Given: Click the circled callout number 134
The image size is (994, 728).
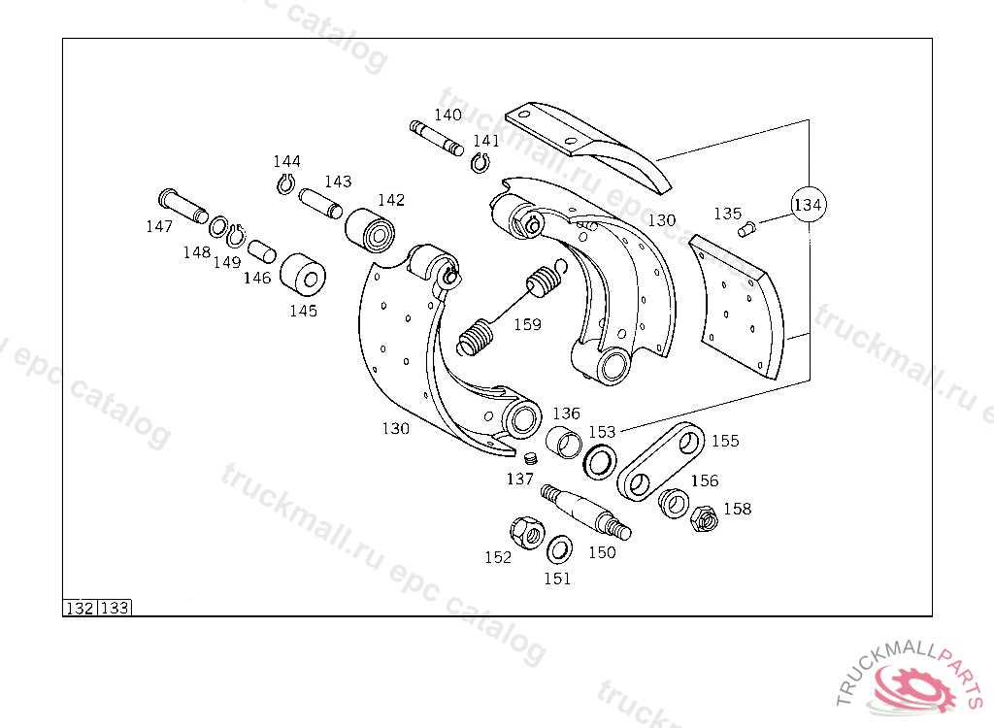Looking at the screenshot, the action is click(809, 205).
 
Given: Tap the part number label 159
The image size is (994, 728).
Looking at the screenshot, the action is click(527, 325).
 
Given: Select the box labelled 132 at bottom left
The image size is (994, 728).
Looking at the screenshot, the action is click(80, 609).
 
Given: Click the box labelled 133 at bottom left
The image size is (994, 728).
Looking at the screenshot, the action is click(115, 609).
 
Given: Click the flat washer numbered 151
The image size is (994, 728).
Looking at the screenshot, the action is click(559, 550).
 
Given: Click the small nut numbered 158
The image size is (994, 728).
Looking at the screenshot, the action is click(704, 518).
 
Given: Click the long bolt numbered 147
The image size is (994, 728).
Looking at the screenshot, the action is click(182, 205).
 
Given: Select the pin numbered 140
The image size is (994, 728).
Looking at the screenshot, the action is click(437, 138).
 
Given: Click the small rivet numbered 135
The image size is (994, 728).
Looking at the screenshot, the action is click(746, 228).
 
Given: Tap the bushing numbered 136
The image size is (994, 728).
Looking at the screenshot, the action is click(564, 442).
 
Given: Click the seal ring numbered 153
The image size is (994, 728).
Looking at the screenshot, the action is click(599, 460).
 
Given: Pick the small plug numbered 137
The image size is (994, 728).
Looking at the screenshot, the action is click(530, 457).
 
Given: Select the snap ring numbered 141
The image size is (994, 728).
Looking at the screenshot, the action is click(480, 162).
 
